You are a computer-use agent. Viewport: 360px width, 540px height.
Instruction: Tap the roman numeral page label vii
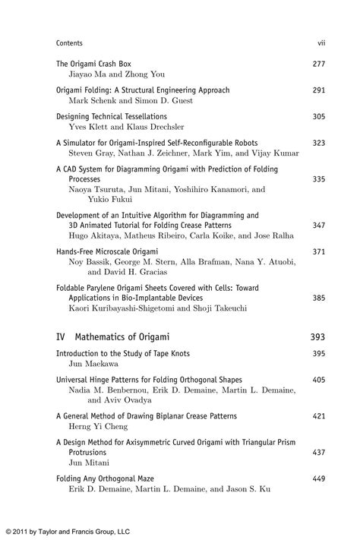(321, 43)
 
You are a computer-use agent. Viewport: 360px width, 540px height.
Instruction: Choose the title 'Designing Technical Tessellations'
(112, 116)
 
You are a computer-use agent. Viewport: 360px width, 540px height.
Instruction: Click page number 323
(318, 143)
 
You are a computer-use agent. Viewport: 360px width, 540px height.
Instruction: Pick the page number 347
(318, 226)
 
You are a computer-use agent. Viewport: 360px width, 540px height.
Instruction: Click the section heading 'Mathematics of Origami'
(128, 336)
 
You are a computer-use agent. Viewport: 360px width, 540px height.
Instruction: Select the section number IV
(62, 336)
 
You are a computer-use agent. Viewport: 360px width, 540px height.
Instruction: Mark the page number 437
(318, 451)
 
